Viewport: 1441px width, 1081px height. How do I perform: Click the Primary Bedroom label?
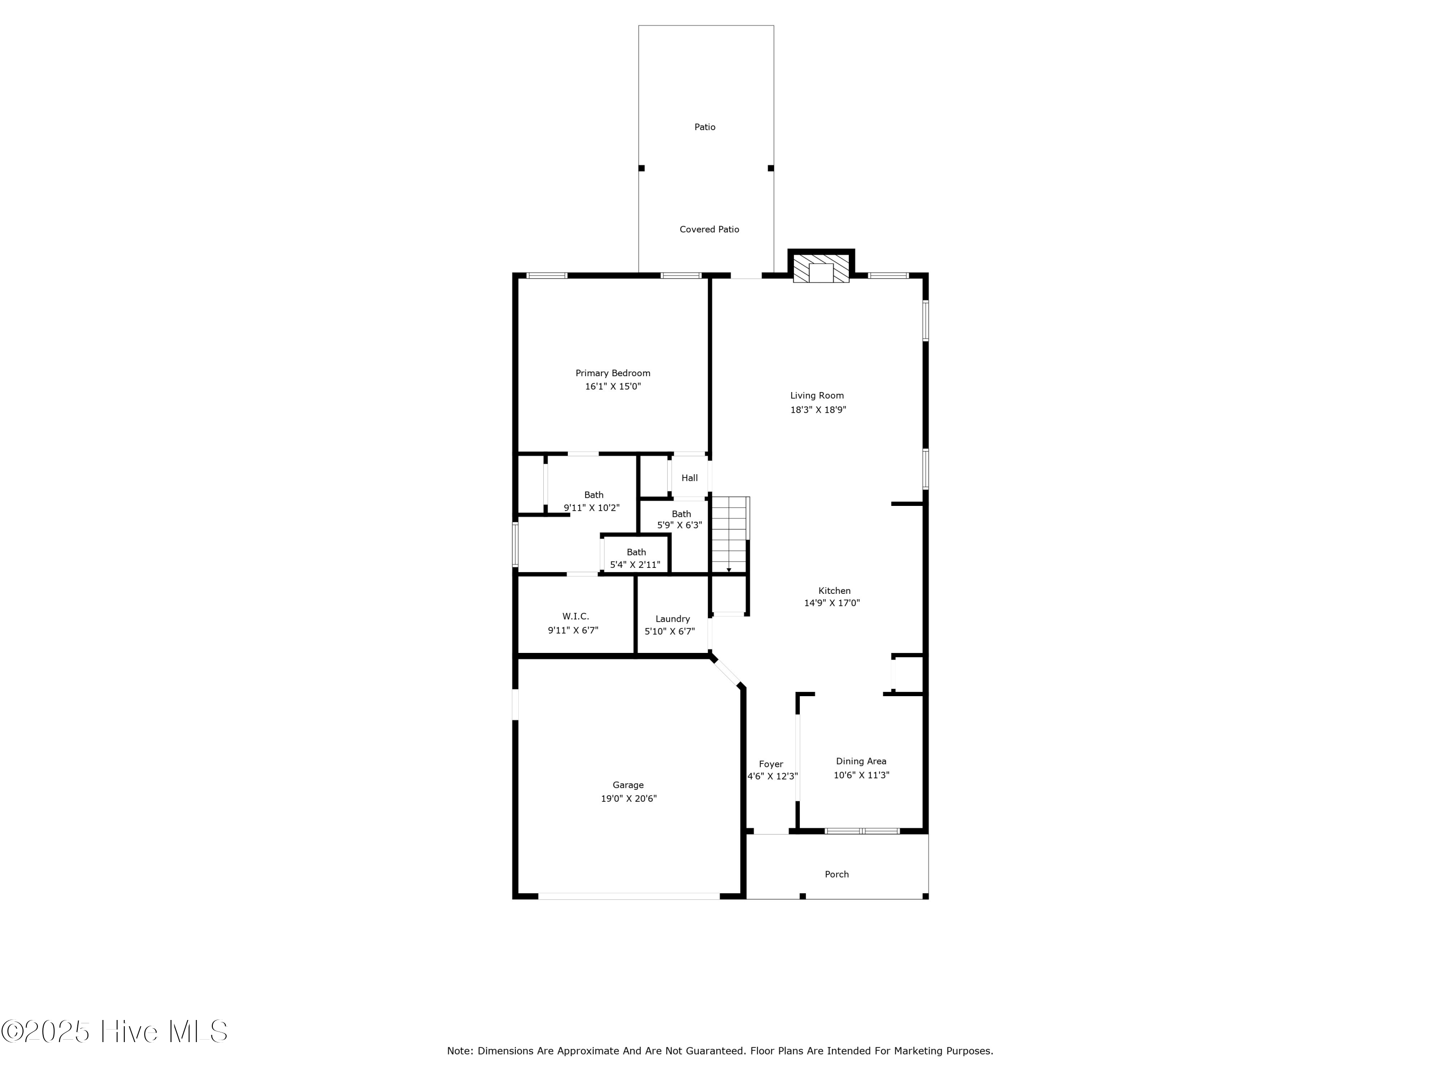click(612, 373)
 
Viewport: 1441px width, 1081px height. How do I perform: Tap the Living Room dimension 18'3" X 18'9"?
click(818, 410)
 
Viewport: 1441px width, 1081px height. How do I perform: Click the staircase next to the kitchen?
click(729, 534)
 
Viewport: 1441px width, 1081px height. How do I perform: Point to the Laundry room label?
click(672, 619)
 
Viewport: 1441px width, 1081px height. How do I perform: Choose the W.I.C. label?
click(575, 616)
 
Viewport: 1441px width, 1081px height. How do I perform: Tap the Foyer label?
click(770, 764)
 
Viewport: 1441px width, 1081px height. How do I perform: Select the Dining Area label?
click(861, 761)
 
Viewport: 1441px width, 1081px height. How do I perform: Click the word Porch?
click(836, 874)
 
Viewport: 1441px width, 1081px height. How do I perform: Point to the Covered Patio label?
click(709, 229)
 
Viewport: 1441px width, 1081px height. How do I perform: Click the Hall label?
click(689, 478)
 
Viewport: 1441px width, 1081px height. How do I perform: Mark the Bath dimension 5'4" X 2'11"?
click(635, 565)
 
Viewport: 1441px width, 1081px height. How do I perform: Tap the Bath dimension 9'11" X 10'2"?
click(591, 508)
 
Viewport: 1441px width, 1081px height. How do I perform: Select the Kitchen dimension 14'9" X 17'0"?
click(831, 603)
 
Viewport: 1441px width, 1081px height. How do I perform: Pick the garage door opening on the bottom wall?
click(629, 897)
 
